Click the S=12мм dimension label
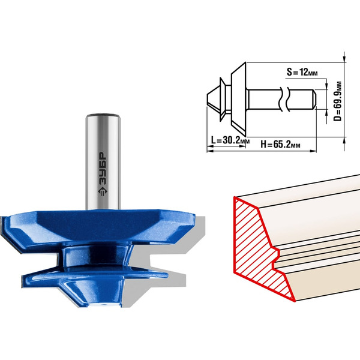tap(302, 72)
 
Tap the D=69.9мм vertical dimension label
tap(337, 101)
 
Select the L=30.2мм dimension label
tap(230, 140)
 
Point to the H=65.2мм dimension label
tap(280, 145)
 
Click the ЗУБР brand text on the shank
tap(103, 169)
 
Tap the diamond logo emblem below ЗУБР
tap(103, 191)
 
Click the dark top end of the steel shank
tap(103, 115)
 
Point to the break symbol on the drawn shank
tap(284, 99)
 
